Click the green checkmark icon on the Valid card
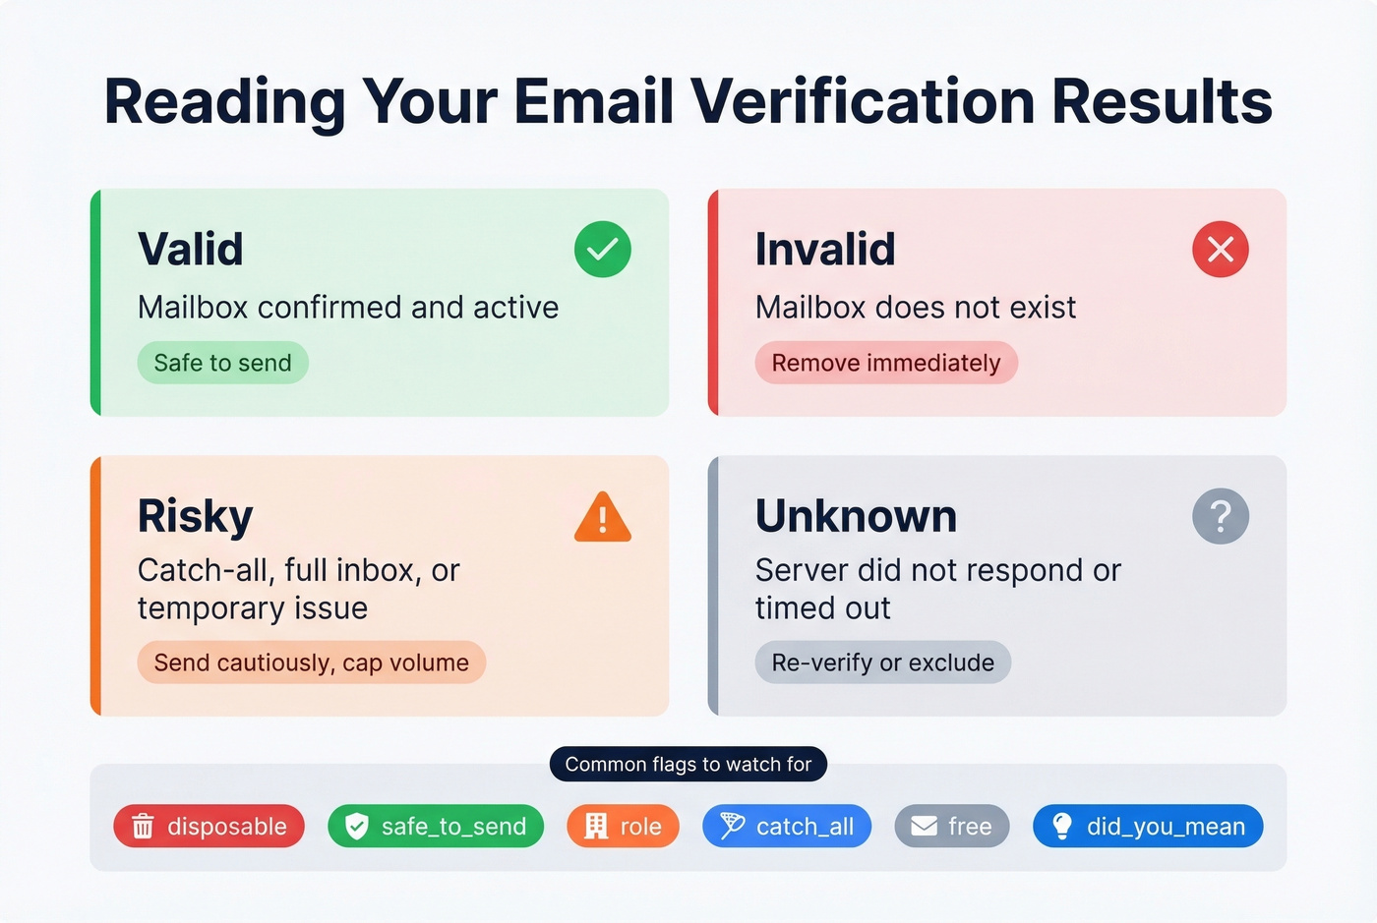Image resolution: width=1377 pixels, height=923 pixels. click(602, 250)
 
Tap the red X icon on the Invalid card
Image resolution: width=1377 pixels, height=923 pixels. click(1220, 250)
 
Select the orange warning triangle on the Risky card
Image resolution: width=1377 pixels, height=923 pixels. click(602, 518)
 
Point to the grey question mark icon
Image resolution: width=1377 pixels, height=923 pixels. click(1220, 516)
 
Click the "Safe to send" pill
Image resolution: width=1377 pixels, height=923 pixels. click(222, 363)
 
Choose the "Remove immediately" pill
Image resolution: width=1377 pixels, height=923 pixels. click(885, 363)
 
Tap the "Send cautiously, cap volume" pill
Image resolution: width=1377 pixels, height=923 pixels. click(311, 663)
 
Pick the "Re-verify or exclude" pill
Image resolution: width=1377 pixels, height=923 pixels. click(882, 663)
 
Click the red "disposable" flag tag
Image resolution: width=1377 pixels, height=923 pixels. click(209, 827)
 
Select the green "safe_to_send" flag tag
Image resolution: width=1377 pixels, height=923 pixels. click(435, 827)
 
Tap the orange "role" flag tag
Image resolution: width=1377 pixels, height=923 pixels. click(623, 827)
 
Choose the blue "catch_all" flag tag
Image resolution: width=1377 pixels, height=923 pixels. click(786, 827)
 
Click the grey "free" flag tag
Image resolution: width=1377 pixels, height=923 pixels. click(951, 827)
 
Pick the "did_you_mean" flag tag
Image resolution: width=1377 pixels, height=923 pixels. click(1147, 827)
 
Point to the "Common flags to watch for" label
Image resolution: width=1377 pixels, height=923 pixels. click(688, 765)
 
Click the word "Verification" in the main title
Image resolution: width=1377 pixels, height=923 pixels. click(862, 102)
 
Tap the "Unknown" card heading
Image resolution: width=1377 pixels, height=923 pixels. click(856, 516)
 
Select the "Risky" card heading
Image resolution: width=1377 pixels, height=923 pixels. click(195, 516)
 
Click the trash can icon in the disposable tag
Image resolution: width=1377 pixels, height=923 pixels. click(144, 827)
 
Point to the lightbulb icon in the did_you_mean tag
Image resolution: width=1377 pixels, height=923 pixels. click(1062, 827)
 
